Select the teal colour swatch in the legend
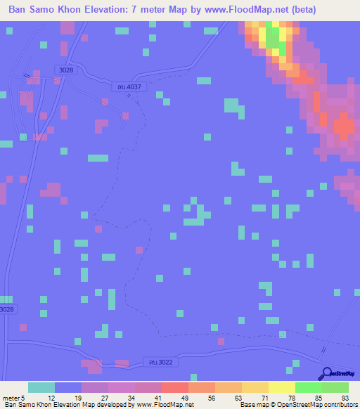click(x=41, y=387)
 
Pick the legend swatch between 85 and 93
click(x=335, y=387)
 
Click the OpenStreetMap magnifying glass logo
click(x=328, y=373)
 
